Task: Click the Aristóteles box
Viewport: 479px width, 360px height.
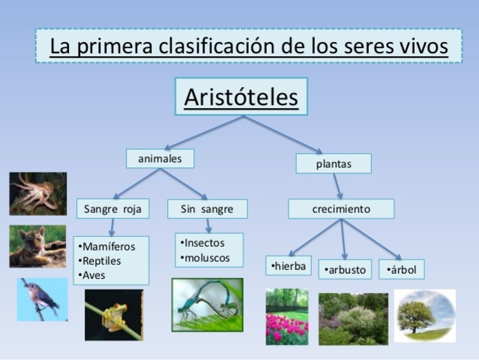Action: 241,97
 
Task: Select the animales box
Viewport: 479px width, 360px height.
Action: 160,159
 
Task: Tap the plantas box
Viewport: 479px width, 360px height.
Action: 334,163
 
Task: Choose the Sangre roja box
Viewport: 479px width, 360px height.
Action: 112,208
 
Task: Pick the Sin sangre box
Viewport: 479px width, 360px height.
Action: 207,208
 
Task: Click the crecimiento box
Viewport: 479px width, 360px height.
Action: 340,208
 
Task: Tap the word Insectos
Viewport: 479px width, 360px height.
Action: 204,243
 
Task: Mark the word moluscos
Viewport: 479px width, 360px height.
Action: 207,258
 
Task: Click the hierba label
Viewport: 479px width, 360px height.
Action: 289,265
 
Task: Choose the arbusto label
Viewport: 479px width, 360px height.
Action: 345,269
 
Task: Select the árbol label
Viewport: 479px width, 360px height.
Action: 402,269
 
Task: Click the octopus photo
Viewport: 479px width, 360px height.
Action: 37,193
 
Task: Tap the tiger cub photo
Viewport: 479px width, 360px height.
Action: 37,246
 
